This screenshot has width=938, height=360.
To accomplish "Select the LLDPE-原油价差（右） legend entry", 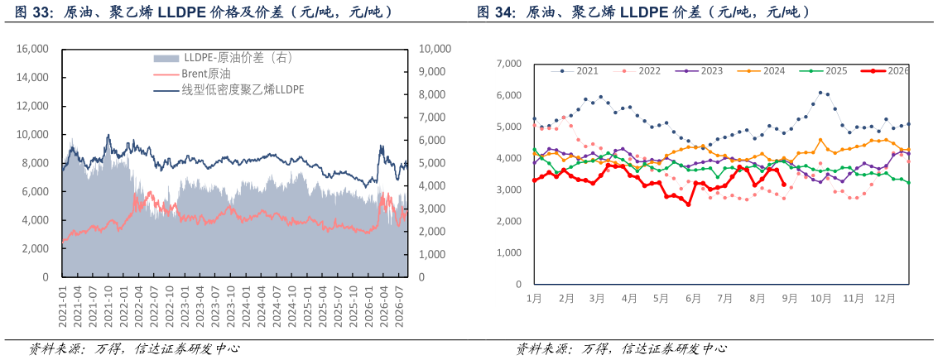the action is click(223, 57).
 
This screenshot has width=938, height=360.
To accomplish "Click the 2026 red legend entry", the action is click(885, 70).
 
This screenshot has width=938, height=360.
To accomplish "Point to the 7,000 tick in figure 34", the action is click(510, 64).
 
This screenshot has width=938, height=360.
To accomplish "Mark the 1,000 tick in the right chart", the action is click(510, 253).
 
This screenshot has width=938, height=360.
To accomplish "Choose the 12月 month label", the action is click(885, 297).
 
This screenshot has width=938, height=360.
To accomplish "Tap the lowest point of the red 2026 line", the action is click(689, 204).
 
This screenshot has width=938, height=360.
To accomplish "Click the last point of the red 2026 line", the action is click(784, 185).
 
